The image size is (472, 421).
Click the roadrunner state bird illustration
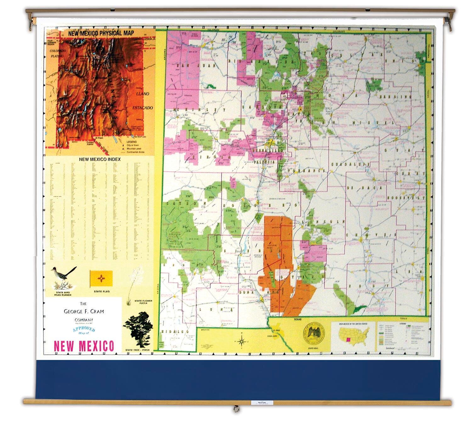point(65,278)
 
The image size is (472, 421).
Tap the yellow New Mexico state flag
point(101,278)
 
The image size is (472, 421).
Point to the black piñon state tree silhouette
point(138,329)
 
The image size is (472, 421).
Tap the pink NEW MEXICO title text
point(84,346)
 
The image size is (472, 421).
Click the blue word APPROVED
point(84,329)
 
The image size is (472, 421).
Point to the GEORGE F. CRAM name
point(84,312)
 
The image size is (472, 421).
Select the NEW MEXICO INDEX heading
point(99,159)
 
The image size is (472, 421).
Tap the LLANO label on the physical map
point(143,94)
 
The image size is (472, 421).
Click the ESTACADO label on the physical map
point(143,108)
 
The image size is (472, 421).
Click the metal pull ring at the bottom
point(235,409)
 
